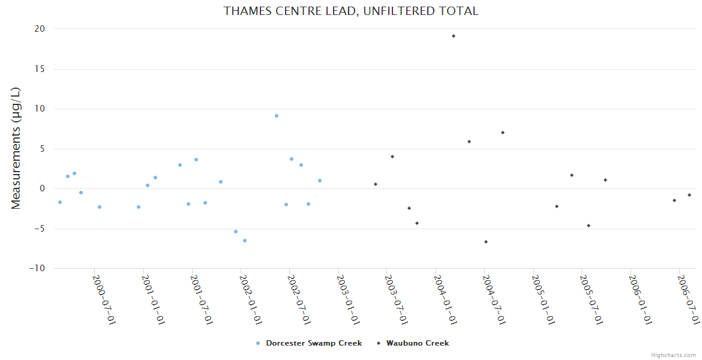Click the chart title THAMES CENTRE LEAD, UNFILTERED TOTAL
click(x=351, y=11)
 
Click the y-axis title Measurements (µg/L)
click(x=16, y=148)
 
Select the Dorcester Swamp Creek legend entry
click(x=308, y=343)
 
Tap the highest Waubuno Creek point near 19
click(x=454, y=36)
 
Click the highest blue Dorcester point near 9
click(x=277, y=116)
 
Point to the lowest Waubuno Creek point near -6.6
click(x=486, y=242)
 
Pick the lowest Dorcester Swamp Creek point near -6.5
click(x=245, y=241)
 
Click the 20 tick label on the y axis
click(x=40, y=29)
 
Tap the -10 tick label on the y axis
click(x=37, y=268)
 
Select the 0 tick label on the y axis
click(x=43, y=188)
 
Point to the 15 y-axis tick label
click(x=40, y=69)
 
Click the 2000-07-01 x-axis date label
click(x=104, y=299)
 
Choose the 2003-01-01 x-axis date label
click(x=348, y=299)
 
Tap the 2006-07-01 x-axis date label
click(x=689, y=299)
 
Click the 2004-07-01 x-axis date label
click(x=494, y=299)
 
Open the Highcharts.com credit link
click(x=673, y=355)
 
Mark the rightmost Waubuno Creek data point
click(x=689, y=195)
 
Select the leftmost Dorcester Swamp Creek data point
click(x=60, y=202)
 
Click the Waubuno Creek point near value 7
click(x=503, y=133)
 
